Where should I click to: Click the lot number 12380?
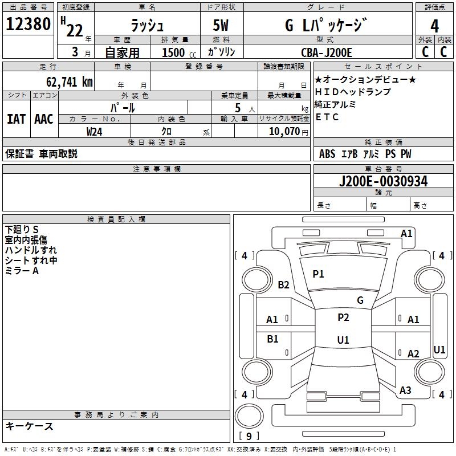28,24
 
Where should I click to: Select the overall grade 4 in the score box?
434,26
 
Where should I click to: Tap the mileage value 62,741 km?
70,82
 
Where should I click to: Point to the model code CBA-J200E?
326,52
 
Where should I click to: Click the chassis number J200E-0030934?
383,181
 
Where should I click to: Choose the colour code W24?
94,132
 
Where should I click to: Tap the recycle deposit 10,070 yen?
288,132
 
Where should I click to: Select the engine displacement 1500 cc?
179,52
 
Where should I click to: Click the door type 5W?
221,25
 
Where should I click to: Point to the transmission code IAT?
17,119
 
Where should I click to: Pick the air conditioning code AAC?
44,119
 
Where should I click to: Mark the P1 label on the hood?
318,274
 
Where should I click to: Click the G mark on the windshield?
360,300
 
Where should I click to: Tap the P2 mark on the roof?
343,317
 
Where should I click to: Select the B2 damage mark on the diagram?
283,284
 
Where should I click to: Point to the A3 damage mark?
405,390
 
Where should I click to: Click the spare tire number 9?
249,436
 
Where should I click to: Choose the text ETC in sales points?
327,117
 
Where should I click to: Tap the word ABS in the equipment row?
327,154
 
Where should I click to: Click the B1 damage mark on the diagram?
272,339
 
